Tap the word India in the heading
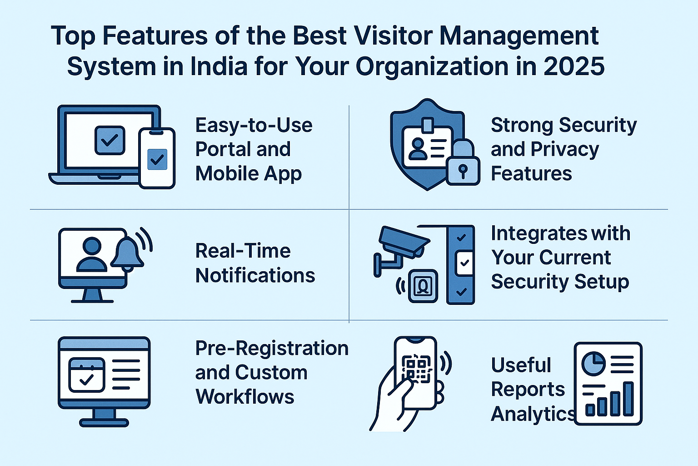pyautogui.click(x=219, y=66)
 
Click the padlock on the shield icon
pyautogui.click(x=463, y=162)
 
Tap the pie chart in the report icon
pyautogui.click(x=593, y=364)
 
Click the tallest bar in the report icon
pyautogui.click(x=628, y=399)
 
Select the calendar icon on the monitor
pyautogui.click(x=87, y=375)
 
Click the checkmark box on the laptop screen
pyautogui.click(x=110, y=141)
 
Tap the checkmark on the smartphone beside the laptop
pyautogui.click(x=157, y=159)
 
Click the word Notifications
pyautogui.click(x=255, y=276)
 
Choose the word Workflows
pyautogui.click(x=245, y=397)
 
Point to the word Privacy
pyautogui.click(x=565, y=150)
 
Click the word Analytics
pyautogui.click(x=533, y=414)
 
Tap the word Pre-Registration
pyautogui.click(x=272, y=348)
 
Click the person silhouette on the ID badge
pyautogui.click(x=418, y=149)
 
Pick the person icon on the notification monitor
pyautogui.click(x=92, y=254)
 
